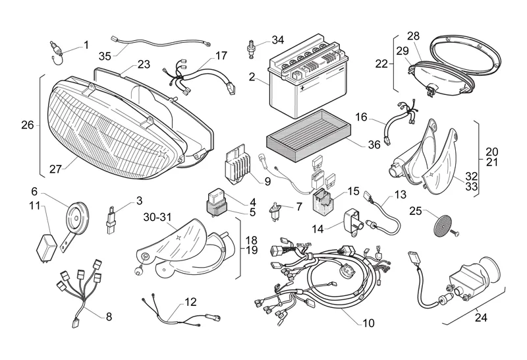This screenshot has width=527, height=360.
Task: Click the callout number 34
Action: [x=278, y=40]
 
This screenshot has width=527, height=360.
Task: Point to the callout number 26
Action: [x=27, y=125]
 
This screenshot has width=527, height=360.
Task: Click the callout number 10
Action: [x=367, y=323]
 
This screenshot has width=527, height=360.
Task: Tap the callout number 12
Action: [x=190, y=303]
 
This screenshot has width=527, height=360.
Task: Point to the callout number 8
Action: [x=108, y=316]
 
